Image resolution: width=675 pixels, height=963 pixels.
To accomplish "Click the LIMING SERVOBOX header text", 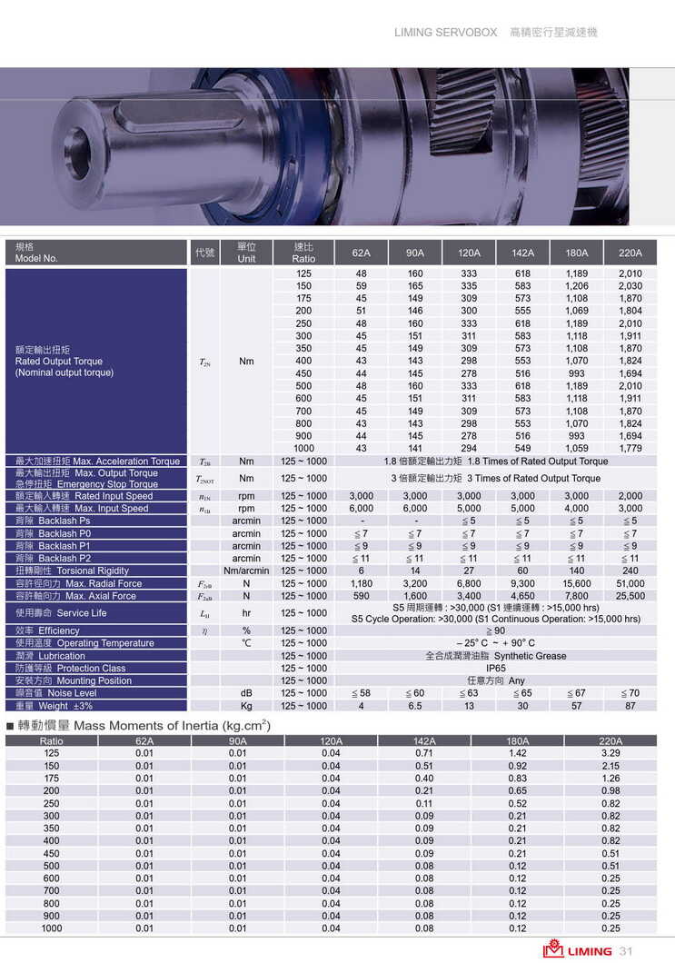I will coord(445,32).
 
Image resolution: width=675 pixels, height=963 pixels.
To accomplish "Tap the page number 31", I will coord(626,951).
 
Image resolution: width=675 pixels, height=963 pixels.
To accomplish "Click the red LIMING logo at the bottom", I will coord(578,950).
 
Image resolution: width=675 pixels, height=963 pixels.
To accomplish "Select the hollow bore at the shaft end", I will coord(77,153).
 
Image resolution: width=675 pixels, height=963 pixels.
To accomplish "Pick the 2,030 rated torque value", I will coord(630,286).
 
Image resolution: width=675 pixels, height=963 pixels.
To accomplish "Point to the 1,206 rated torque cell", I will coord(576,286).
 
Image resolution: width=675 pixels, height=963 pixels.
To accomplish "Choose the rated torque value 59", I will coord(362,286).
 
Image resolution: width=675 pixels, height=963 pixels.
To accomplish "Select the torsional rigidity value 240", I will coord(630,571).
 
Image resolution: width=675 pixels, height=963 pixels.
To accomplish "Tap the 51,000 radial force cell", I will coord(630,584).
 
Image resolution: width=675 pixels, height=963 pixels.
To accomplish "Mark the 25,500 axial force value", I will coord(630,597).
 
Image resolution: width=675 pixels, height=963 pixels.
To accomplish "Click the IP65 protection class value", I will coord(495,669).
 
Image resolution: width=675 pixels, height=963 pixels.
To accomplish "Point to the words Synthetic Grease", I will coord(530,656).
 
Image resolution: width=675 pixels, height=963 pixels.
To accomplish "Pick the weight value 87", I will coord(630,706).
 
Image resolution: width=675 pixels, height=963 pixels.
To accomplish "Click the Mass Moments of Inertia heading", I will coord(145,726).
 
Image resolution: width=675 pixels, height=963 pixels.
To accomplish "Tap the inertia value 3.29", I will coord(610,753).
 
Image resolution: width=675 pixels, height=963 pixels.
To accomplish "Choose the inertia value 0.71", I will coord(424,753).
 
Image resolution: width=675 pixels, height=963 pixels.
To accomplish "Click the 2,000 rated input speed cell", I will coord(630,496).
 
